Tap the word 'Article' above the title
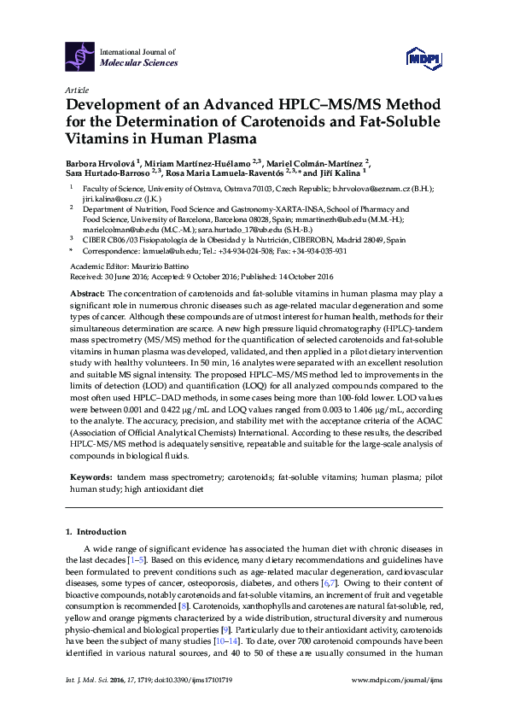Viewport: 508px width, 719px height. pyautogui.click(x=75, y=90)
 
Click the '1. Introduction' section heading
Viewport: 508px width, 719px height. pyautogui.click(x=96, y=531)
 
